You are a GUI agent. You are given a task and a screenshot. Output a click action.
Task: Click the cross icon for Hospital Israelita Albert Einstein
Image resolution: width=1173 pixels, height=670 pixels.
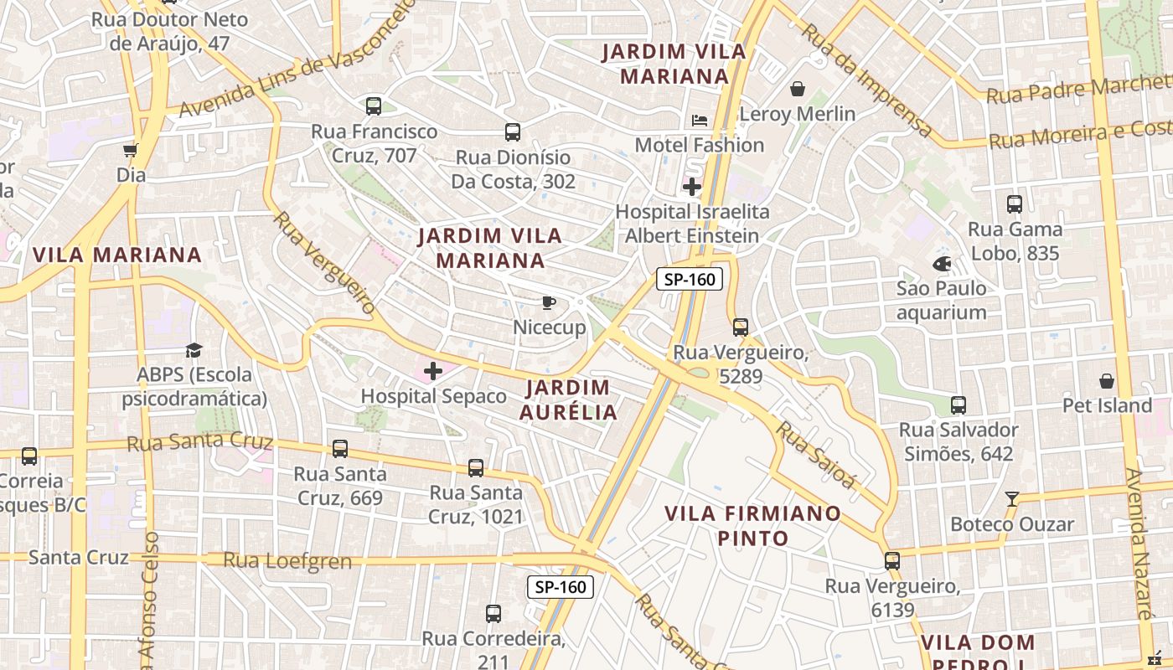(x=692, y=186)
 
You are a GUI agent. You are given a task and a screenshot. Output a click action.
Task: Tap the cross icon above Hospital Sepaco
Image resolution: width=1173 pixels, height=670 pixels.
(x=433, y=371)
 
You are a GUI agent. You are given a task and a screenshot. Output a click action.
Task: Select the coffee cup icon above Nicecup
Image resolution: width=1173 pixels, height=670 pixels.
(x=549, y=302)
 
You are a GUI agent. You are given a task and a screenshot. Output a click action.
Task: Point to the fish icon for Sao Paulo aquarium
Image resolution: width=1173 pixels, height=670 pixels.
(x=942, y=264)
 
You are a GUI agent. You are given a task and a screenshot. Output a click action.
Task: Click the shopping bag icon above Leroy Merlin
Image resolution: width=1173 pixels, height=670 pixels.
(x=798, y=88)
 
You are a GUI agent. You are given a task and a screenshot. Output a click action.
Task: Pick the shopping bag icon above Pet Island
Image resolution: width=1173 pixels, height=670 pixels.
(x=1107, y=381)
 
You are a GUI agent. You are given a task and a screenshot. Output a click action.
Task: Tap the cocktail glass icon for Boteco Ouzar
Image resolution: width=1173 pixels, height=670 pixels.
(x=1012, y=499)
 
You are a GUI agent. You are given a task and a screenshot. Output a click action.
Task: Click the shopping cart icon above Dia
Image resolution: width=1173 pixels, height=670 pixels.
(x=131, y=151)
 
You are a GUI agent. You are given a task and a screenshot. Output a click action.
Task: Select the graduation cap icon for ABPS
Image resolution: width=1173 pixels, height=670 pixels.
(x=194, y=350)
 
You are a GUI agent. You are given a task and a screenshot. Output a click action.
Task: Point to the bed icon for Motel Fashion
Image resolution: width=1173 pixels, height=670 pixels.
(x=700, y=121)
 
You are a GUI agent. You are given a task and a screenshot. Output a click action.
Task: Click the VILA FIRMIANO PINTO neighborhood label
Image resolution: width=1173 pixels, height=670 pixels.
(x=752, y=525)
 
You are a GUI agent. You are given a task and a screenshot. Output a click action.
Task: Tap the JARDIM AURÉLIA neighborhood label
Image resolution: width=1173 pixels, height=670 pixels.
(x=569, y=399)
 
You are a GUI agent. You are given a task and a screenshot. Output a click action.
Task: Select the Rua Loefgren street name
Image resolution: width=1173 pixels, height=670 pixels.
(x=287, y=560)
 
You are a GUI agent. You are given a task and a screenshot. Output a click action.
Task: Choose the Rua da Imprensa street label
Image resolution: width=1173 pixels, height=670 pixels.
(x=867, y=80)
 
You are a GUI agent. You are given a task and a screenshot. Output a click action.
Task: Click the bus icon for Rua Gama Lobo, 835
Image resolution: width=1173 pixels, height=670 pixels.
(x=1015, y=204)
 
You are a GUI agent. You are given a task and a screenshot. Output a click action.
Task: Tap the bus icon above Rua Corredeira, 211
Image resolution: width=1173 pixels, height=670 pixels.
(x=493, y=614)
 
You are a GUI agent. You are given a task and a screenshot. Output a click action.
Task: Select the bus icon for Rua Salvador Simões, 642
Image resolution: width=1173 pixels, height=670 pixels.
(x=959, y=405)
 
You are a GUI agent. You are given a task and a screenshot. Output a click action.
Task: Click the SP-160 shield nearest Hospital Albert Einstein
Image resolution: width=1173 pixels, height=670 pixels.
(x=689, y=279)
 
